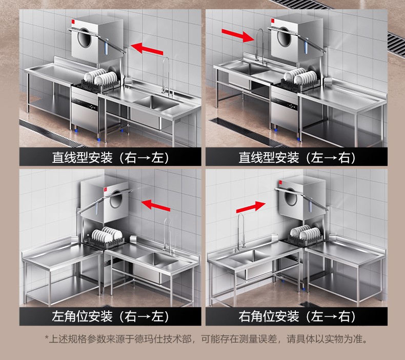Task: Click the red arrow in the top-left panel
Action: coord(147,49)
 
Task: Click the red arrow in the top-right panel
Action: coord(238,36)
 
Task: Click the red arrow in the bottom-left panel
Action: coord(155,205)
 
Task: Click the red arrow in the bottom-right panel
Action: coord(251,207)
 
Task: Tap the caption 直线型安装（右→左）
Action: coord(111,157)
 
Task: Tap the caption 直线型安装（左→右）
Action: coord(297,157)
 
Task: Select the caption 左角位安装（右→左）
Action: coord(111,316)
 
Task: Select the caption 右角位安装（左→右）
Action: coord(297,316)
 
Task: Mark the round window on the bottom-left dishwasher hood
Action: coord(116,199)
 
